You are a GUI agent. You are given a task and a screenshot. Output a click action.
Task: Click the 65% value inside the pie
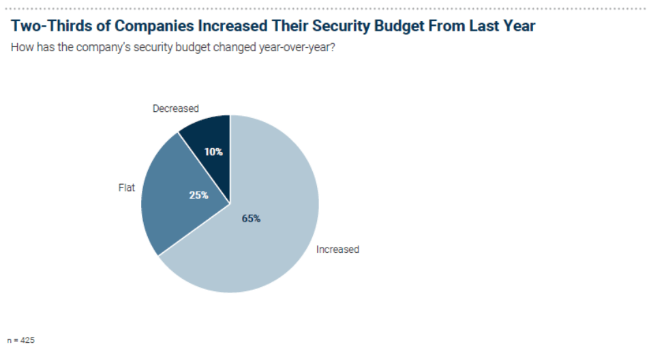[251, 219]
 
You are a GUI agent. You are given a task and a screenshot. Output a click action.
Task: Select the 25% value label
[198, 195]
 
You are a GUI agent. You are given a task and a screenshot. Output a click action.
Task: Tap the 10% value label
[213, 152]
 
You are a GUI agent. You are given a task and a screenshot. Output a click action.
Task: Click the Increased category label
[337, 250]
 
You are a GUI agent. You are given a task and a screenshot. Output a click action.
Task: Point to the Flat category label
[127, 187]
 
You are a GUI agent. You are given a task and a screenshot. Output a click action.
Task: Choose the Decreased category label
[175, 108]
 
